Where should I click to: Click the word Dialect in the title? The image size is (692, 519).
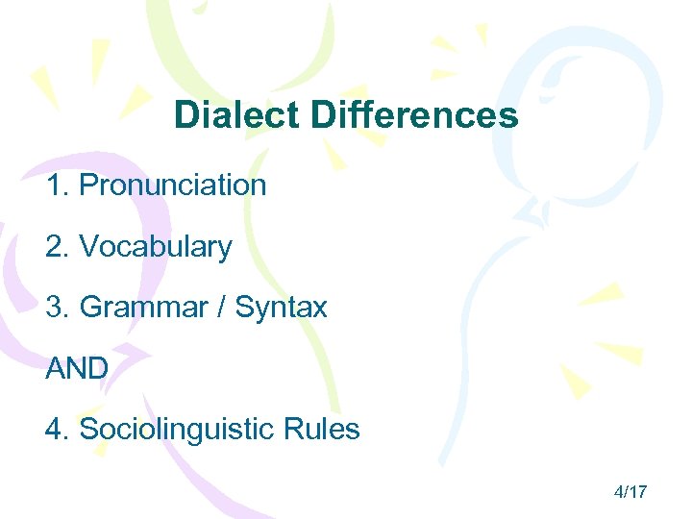pos(237,116)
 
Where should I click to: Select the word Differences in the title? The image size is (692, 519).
pos(414,116)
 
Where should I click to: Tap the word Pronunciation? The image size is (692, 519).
pos(172,185)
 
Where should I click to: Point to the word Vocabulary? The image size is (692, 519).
pos(155,247)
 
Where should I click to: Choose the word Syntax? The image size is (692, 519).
pos(282,308)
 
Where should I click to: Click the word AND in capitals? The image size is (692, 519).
pos(76,368)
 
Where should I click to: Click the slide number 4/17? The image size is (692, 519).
pos(630,492)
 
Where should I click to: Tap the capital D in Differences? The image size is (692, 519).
pos(322,116)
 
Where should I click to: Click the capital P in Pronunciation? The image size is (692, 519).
pos(87,185)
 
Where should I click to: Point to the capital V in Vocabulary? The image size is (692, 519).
pos(87,247)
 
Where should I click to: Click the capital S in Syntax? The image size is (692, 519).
pos(244,308)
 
